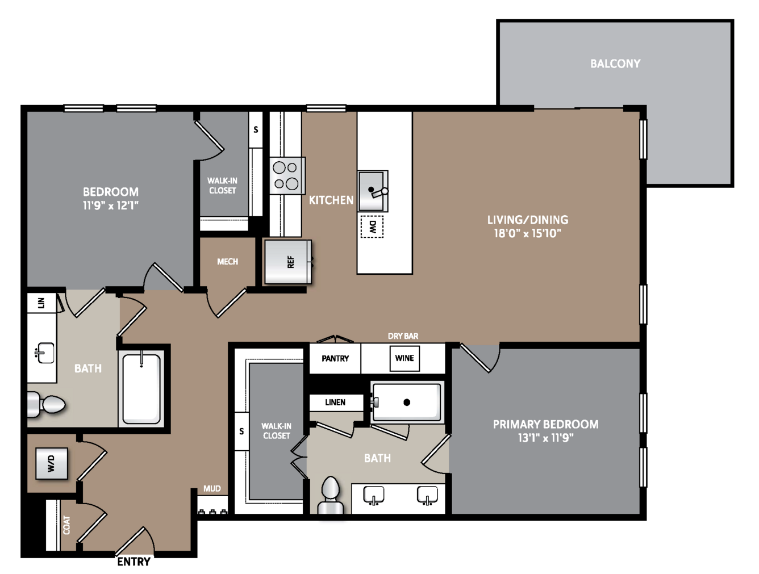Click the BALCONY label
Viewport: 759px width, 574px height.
pos(615,64)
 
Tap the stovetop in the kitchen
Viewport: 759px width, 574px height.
pos(287,175)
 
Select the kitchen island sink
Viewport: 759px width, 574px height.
pos(373,191)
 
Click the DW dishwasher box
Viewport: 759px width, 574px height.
pos(372,227)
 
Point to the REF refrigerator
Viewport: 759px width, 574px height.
pos(288,262)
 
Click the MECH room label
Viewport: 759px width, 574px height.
pos(227,262)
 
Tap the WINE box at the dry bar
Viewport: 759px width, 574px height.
pos(404,358)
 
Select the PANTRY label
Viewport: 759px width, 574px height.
pos(335,358)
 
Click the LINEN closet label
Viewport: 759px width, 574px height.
pos(335,402)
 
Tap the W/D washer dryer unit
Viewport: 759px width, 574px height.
pos(52,463)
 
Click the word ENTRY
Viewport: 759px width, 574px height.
pos(134,562)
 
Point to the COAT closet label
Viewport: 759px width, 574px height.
pos(66,525)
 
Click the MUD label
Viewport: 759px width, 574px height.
pos(212,488)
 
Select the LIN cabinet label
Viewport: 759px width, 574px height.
pos(41,303)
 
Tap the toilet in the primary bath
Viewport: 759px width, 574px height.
pos(331,495)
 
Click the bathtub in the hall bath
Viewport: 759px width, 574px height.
pos(141,388)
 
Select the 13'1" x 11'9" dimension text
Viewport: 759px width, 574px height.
pos(545,438)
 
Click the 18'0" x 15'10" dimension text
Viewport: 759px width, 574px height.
pos(527,233)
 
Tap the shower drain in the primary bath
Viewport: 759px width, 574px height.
pos(407,402)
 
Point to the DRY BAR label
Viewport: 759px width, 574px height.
pos(403,336)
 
